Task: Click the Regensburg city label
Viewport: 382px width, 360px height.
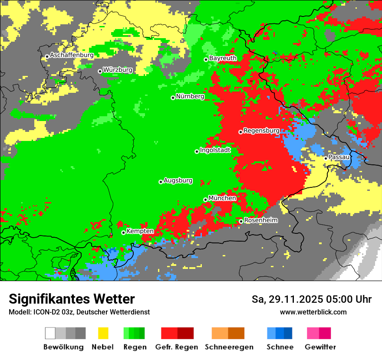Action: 261,131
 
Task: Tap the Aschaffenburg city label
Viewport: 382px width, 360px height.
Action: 72,56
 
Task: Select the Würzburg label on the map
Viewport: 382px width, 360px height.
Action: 118,70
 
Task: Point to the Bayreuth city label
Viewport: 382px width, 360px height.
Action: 223,58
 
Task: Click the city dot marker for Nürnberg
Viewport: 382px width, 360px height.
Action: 173,98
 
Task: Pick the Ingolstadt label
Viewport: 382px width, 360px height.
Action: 215,151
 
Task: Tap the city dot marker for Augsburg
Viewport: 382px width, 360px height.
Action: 161,182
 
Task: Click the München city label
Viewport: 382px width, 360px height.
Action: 222,198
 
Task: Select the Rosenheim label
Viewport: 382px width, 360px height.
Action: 260,220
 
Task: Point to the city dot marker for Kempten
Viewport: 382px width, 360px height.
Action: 123,232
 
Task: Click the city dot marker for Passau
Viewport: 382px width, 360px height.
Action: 326,158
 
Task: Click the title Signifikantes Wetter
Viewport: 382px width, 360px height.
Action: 72,299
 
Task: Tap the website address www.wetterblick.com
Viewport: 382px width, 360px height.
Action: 313,312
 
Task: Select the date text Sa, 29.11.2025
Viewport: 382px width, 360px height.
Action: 286,299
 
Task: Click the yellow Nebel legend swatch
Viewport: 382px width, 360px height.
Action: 103,333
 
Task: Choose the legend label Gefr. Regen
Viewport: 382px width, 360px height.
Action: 177,347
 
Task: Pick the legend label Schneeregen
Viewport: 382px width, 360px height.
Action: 229,347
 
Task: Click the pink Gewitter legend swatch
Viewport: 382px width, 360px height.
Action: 313,333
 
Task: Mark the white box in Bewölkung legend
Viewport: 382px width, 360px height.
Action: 50,333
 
